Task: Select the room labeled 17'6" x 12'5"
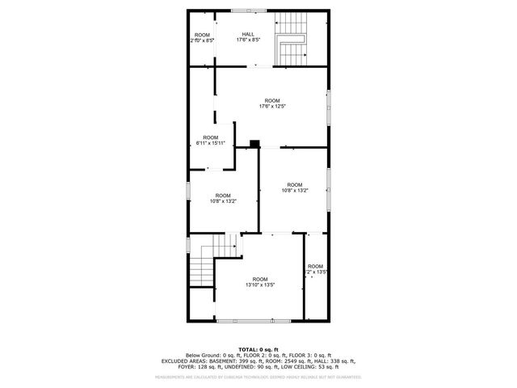pyautogui.click(x=272, y=103)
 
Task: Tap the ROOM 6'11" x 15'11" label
pyautogui.click(x=210, y=141)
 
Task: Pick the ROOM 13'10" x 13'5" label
pyautogui.click(x=260, y=281)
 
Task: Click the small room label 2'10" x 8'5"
pyautogui.click(x=202, y=37)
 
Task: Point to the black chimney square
pyautogui.click(x=254, y=144)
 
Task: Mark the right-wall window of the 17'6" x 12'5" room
pyautogui.click(x=329, y=107)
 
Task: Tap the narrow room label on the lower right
pyautogui.click(x=315, y=269)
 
